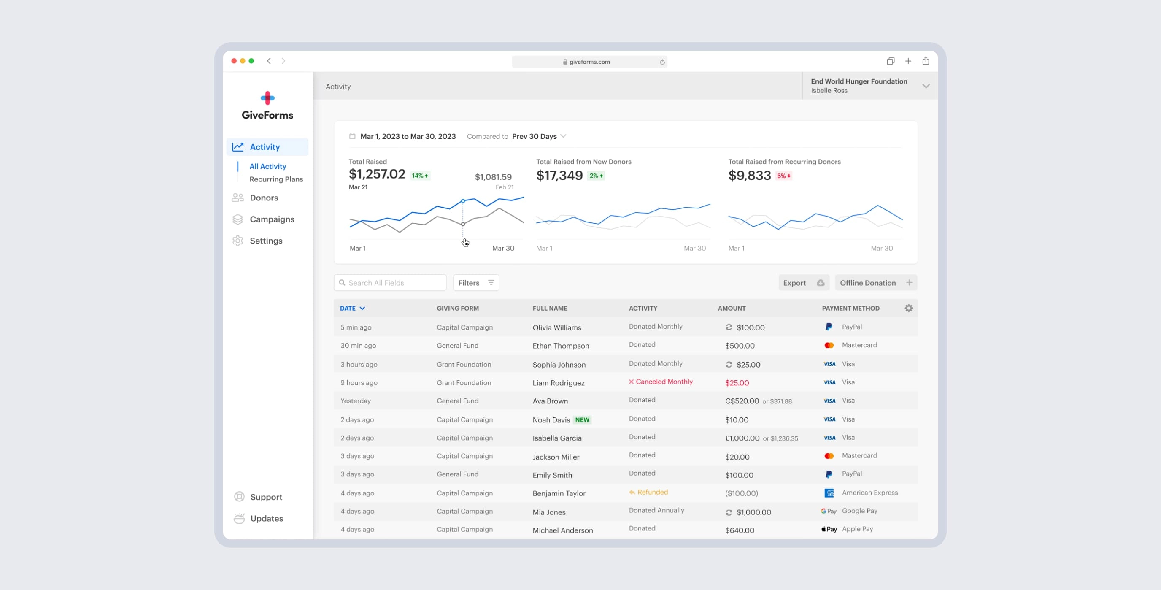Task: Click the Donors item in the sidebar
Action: point(264,198)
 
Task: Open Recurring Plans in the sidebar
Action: point(276,179)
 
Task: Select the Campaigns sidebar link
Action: point(272,219)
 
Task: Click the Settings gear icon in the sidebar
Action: point(238,241)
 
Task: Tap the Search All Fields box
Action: point(390,283)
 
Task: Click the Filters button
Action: point(475,283)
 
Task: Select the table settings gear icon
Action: point(909,309)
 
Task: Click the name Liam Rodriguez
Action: point(559,383)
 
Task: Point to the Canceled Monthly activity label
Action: point(664,382)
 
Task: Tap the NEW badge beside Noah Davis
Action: point(582,420)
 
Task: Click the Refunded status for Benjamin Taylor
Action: point(652,492)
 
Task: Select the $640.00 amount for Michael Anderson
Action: point(740,530)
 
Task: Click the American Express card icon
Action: point(829,493)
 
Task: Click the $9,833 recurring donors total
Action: point(750,176)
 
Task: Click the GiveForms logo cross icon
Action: point(268,98)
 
